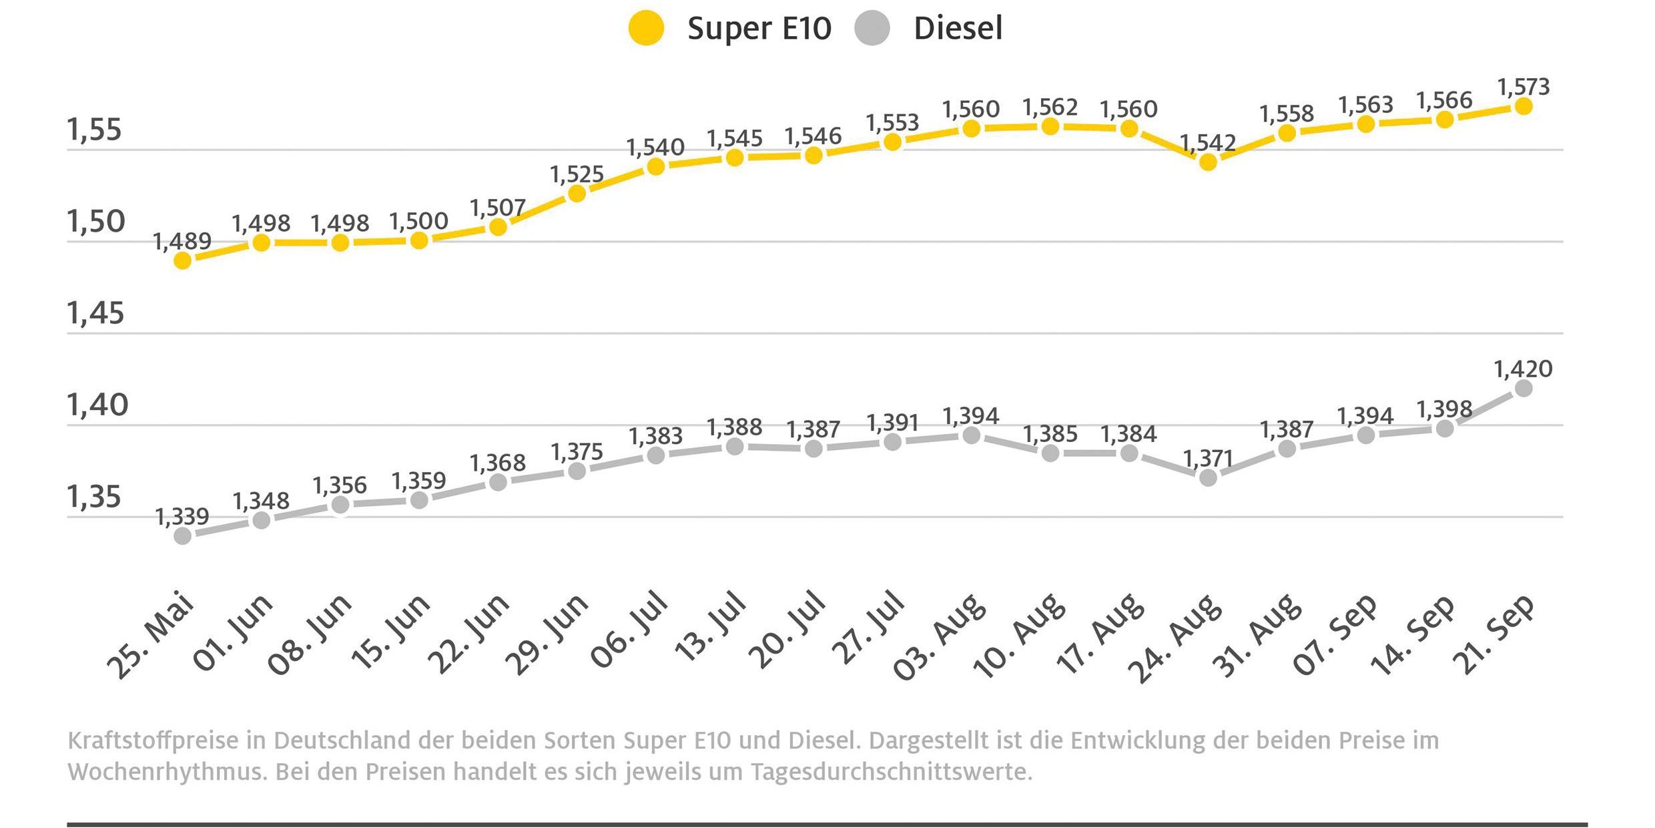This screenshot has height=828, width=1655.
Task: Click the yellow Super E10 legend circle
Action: pyautogui.click(x=646, y=28)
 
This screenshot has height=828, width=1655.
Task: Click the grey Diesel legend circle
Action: pyautogui.click(x=872, y=28)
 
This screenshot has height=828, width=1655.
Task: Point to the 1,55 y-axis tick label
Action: pyautogui.click(x=94, y=130)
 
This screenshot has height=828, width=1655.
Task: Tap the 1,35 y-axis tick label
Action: pyautogui.click(x=94, y=497)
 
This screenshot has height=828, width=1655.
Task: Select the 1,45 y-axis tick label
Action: pyautogui.click(x=95, y=313)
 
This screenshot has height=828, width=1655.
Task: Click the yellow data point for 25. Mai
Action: pyautogui.click(x=182, y=260)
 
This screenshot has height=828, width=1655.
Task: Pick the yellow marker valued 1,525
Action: pyautogui.click(x=577, y=194)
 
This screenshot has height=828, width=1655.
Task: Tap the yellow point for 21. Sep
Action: pyautogui.click(x=1523, y=106)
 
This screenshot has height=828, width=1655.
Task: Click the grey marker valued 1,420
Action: pyautogui.click(x=1523, y=389)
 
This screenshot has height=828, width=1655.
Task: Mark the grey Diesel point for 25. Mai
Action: pyautogui.click(x=182, y=536)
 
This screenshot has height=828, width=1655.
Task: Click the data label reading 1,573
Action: pyautogui.click(x=1523, y=87)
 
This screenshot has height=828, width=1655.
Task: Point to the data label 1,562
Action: pyautogui.click(x=1050, y=107)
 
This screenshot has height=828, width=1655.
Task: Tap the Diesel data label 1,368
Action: pyautogui.click(x=497, y=462)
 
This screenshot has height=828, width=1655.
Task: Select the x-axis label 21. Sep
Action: pyautogui.click(x=1494, y=634)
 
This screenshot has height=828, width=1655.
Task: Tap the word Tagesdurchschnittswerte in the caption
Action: pyautogui.click(x=891, y=772)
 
